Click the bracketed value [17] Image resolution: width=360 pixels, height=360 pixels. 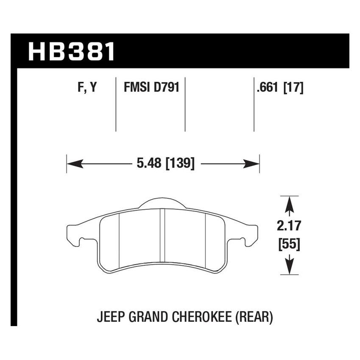(x=295, y=88)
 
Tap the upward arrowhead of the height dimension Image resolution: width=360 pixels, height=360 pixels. (x=289, y=205)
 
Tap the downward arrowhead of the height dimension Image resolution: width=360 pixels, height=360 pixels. (x=289, y=266)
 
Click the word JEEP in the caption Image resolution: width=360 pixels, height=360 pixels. (x=111, y=317)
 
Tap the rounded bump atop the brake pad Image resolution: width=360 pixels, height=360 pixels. (x=162, y=203)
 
